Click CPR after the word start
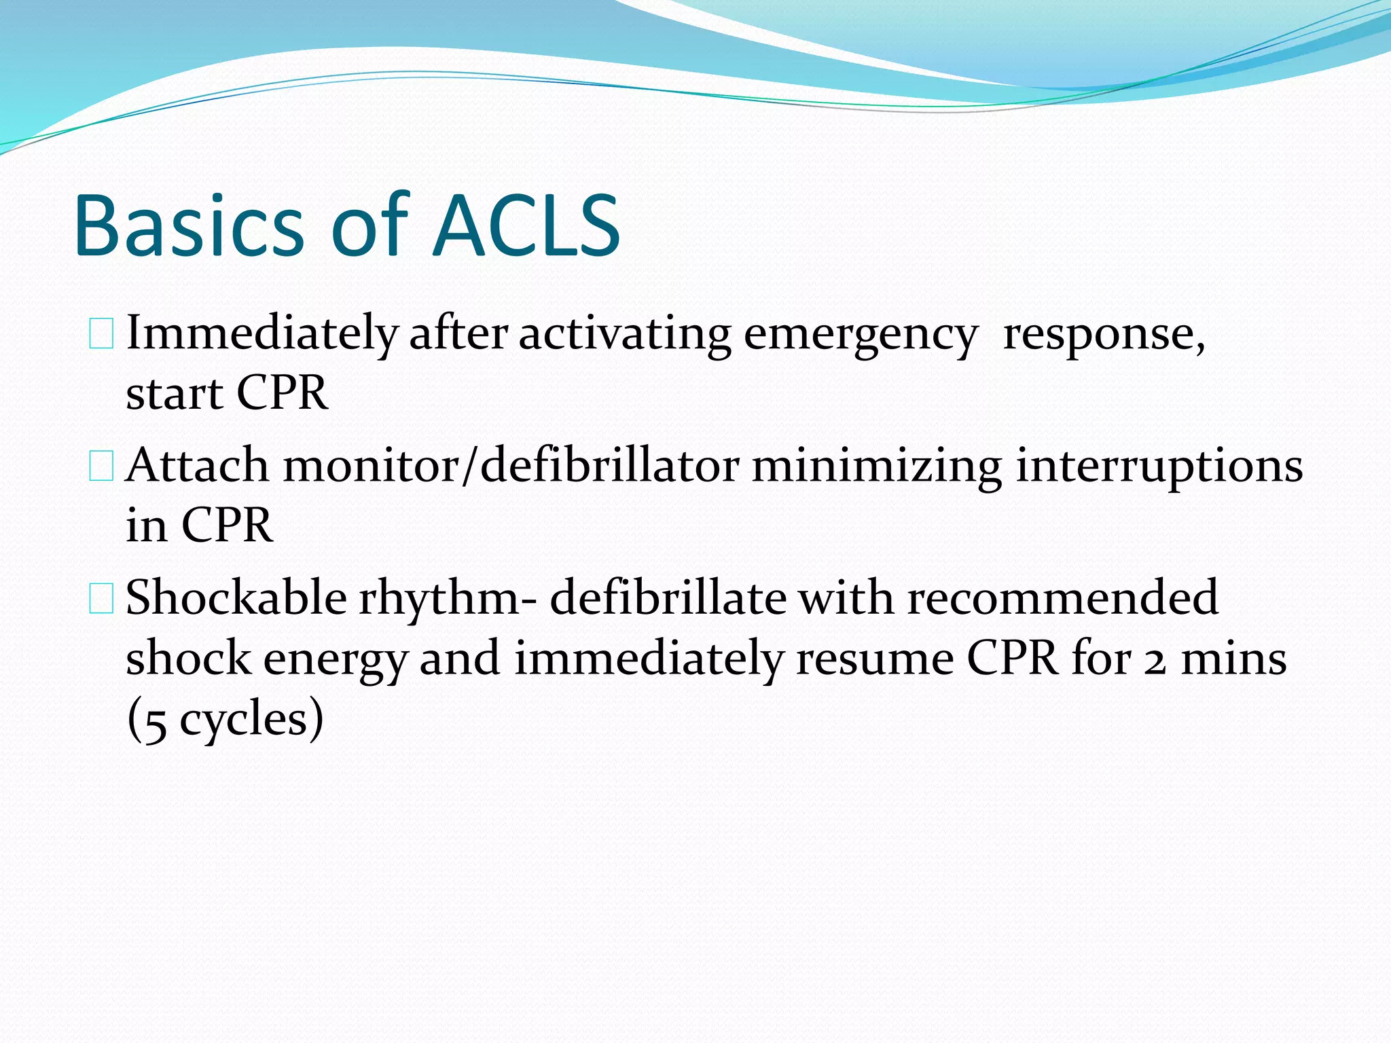(x=282, y=394)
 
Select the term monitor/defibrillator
(x=511, y=466)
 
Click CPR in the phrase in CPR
(x=227, y=526)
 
